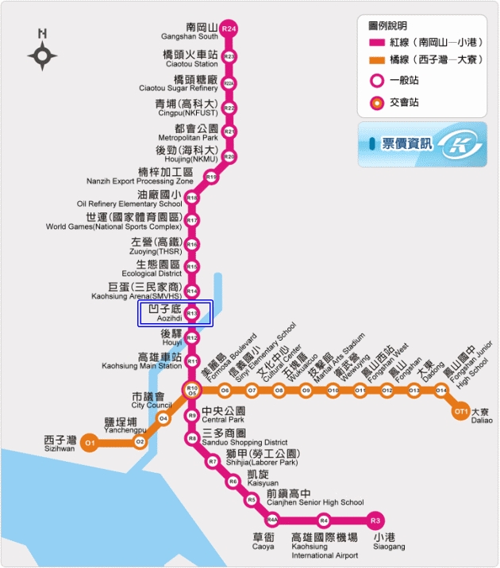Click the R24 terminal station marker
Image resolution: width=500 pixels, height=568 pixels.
click(x=229, y=29)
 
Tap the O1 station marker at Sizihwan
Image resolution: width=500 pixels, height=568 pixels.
click(x=89, y=443)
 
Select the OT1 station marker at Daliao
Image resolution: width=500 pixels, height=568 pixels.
click(x=461, y=412)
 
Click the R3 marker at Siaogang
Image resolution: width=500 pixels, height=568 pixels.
click(x=376, y=520)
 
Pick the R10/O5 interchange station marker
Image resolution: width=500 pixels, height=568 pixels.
click(x=191, y=390)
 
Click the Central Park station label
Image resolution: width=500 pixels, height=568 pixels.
click(x=223, y=415)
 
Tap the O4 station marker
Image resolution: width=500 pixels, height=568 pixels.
click(x=163, y=418)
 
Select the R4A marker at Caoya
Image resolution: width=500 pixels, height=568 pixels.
click(x=272, y=520)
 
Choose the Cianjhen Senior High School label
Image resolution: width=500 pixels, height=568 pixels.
click(x=314, y=497)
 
